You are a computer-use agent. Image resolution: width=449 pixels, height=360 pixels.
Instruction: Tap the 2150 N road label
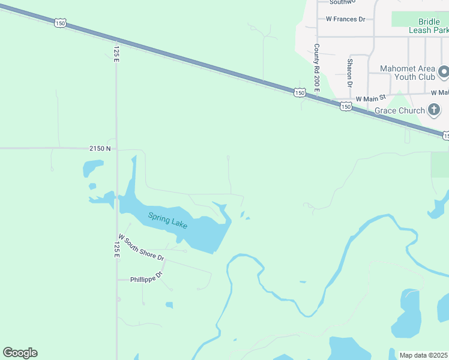pos(100,148)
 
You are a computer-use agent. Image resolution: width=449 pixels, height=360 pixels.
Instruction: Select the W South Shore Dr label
pos(141,247)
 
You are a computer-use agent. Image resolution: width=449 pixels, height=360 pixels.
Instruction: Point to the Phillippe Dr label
pos(146,278)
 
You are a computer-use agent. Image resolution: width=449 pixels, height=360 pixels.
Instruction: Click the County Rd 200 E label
pos(316,67)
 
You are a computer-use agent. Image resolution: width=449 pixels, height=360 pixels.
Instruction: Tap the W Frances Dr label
pos(345,19)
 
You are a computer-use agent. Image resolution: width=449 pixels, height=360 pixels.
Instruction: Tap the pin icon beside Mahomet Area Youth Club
pos(444,73)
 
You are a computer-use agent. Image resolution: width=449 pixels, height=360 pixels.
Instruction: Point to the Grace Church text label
pos(399,110)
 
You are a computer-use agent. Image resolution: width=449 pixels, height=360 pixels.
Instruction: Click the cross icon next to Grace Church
pos(434,110)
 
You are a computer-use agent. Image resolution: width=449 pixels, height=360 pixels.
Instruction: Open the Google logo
pos(20,353)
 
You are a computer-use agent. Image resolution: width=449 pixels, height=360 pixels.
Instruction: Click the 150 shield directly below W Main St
pos(346,106)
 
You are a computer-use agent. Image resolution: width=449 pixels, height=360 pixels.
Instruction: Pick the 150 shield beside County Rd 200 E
pos(300,92)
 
